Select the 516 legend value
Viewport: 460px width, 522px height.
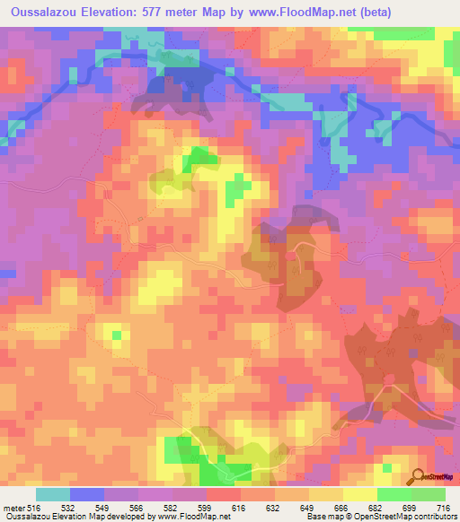click(32, 508)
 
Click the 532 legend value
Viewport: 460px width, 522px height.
click(68, 508)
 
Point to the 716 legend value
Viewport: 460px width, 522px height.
click(444, 508)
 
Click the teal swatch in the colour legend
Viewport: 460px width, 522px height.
click(53, 494)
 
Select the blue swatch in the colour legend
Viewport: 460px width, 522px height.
click(87, 494)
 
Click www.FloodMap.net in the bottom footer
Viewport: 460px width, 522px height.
click(189, 517)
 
